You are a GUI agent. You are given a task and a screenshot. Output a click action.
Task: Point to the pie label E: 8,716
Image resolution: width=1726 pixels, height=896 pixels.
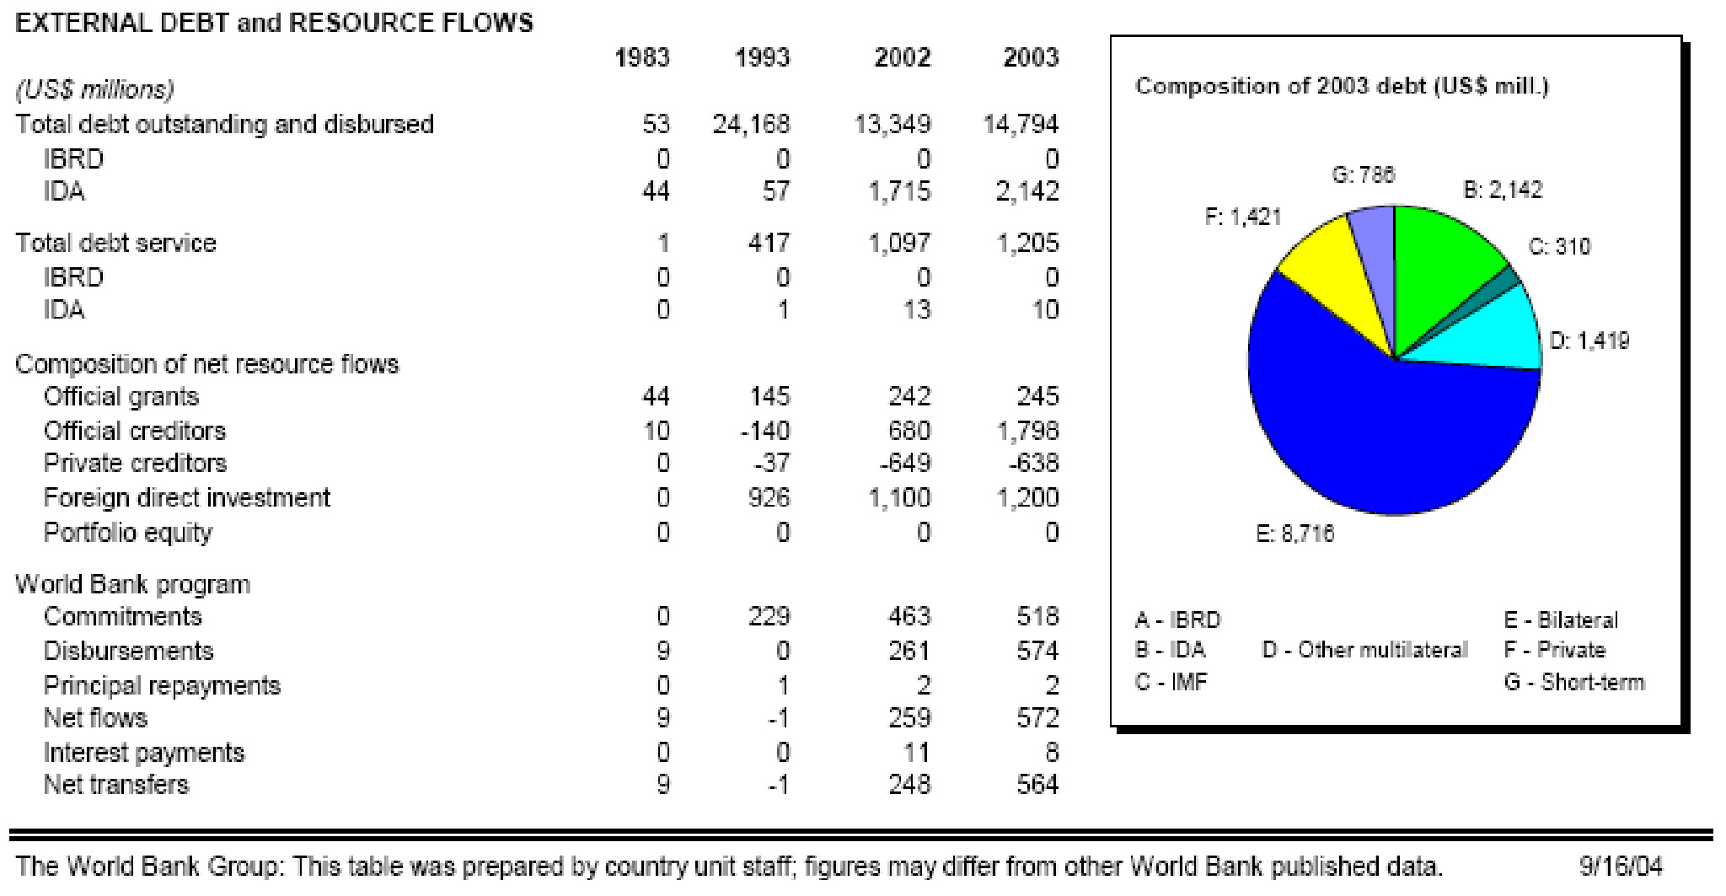1295,534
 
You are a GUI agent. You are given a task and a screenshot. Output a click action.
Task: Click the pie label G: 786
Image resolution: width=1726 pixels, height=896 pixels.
1363,174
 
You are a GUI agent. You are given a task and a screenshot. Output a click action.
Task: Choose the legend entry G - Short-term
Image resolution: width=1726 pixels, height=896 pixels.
1573,682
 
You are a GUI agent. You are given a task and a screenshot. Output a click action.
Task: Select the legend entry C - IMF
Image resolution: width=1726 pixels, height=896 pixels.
1171,682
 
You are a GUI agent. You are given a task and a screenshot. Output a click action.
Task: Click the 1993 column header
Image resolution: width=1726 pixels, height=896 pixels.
762,57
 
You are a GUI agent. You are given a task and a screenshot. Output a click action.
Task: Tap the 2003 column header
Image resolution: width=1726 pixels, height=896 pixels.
1030,57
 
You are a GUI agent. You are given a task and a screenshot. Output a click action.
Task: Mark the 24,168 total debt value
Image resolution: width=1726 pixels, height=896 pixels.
751,124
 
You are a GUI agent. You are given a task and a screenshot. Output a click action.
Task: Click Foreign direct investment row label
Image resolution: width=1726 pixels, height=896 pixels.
186,497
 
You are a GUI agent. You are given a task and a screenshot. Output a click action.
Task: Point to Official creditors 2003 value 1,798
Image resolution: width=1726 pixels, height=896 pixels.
1027,431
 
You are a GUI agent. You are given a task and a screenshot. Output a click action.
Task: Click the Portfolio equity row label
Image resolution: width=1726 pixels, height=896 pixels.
127,533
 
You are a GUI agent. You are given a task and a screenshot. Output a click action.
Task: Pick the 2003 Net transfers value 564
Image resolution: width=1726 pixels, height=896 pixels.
1037,784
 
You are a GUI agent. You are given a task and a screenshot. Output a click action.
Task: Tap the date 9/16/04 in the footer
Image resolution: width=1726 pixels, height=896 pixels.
1621,866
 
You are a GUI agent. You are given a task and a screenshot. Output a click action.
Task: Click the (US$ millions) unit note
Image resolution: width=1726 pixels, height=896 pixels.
94,89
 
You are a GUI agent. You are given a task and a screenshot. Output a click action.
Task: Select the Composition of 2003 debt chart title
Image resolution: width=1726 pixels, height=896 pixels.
1342,86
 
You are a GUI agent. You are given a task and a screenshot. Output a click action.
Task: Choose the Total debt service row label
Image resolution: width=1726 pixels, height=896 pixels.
115,243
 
